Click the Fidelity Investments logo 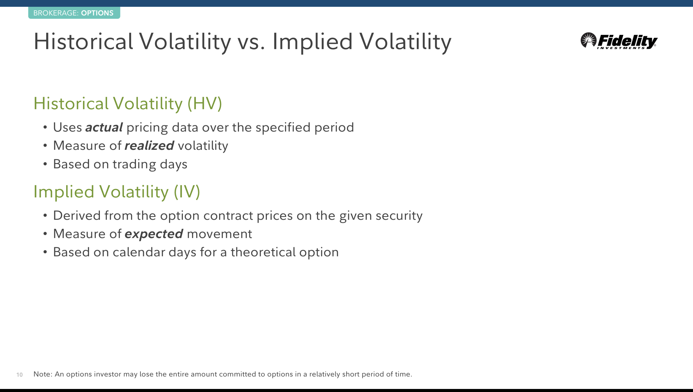click(619, 41)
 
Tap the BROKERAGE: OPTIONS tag click(74, 13)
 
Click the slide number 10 click(19, 375)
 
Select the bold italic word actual click(104, 127)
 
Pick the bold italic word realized click(149, 146)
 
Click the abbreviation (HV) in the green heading click(205, 103)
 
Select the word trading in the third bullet click(134, 164)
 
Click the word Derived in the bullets click(77, 215)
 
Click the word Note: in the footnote click(43, 374)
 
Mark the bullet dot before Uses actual click(45, 127)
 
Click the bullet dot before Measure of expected click(45, 234)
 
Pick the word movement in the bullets click(219, 234)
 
